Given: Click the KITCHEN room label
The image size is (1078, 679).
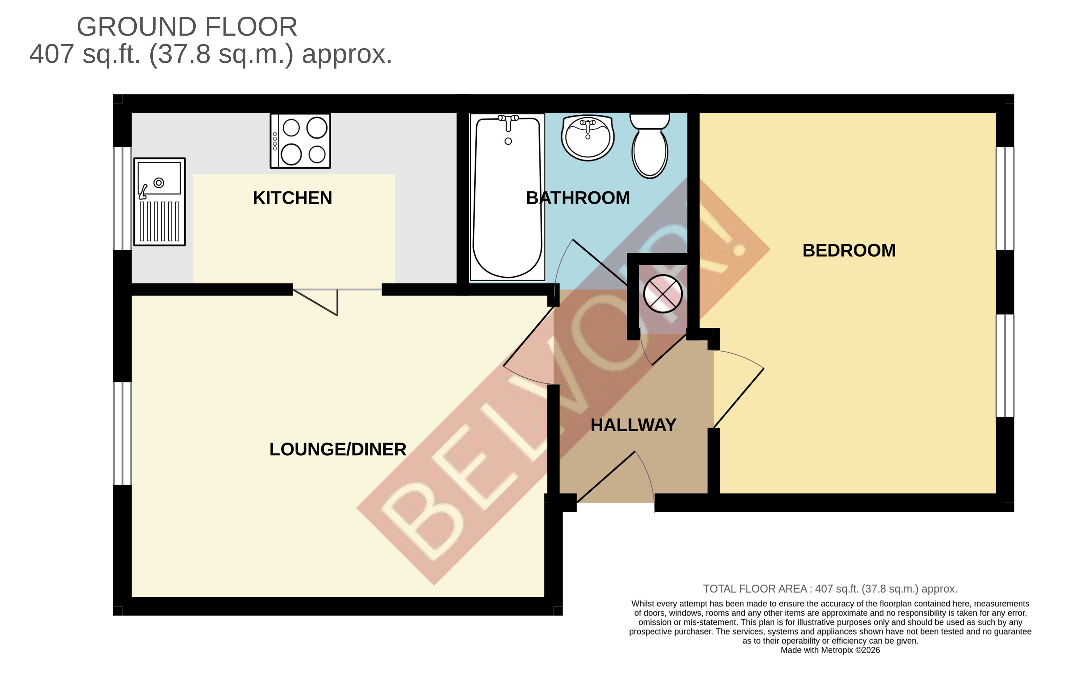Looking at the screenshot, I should tap(292, 198).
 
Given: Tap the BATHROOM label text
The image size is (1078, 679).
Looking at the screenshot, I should tap(578, 198).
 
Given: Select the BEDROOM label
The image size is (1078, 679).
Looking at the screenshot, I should tap(849, 250).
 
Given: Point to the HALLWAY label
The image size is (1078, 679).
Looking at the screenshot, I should tap(633, 425).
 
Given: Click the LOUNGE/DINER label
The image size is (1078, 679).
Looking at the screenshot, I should tap(338, 449).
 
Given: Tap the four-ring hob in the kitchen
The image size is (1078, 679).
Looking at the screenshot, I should tap(300, 140).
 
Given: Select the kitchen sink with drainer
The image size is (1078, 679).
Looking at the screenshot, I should tap(159, 202).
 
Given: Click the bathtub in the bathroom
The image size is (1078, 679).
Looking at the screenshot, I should tap(507, 197).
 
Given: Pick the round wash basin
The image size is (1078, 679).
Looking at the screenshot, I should tap(587, 137).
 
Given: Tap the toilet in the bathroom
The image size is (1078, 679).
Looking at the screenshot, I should tap(649, 146).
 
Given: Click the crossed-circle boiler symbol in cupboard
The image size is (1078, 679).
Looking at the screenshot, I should tap(663, 294).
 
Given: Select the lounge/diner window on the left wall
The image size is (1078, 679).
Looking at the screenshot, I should tap(122, 433).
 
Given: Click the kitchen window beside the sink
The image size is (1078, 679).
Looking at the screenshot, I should tap(122, 198).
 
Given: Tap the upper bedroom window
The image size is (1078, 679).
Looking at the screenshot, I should tap(1005, 198).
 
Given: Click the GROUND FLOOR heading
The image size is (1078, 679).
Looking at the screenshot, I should tap(187, 27).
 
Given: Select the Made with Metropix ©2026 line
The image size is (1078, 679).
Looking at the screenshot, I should tap(830, 650).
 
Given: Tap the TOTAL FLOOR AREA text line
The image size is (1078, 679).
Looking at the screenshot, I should tap(830, 589).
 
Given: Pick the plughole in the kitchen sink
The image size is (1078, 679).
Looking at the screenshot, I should tap(158, 183).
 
